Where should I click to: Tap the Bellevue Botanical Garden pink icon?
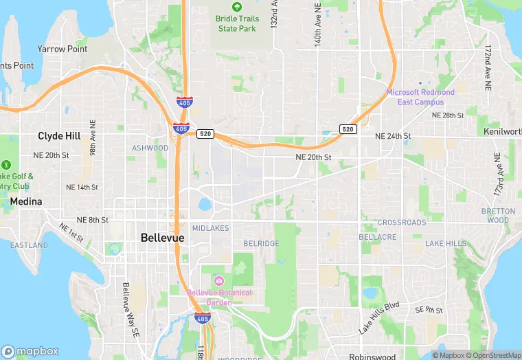point(218,280)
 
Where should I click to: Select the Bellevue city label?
point(162,238)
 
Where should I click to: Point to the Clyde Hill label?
point(60,136)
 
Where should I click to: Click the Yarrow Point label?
point(63,49)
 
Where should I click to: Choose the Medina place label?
point(26,202)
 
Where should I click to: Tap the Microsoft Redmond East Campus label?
point(420,97)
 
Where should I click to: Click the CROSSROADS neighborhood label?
point(402,223)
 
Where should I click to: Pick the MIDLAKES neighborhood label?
point(211,228)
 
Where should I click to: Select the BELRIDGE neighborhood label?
point(261,244)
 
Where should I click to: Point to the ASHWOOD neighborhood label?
point(150,148)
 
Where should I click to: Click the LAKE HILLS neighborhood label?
point(446,244)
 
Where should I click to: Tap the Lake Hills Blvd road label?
point(378,317)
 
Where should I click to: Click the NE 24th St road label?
point(393,137)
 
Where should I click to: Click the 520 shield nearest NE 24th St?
point(348,129)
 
